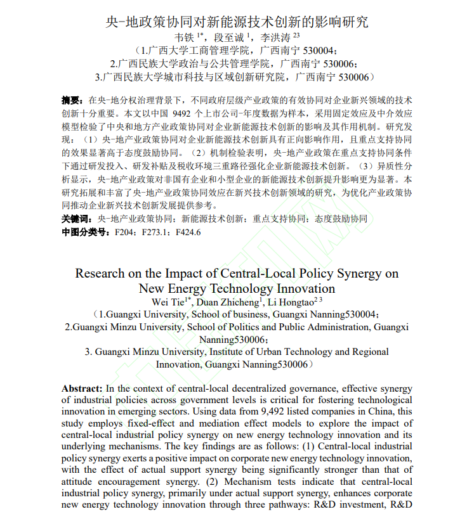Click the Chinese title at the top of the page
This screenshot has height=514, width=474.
[237, 22]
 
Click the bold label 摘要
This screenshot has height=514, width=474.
[70, 100]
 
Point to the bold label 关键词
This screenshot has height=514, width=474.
[74, 219]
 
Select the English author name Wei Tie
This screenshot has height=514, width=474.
[166, 302]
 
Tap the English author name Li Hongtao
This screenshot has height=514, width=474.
[293, 302]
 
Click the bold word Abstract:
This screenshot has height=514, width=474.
[82, 388]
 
